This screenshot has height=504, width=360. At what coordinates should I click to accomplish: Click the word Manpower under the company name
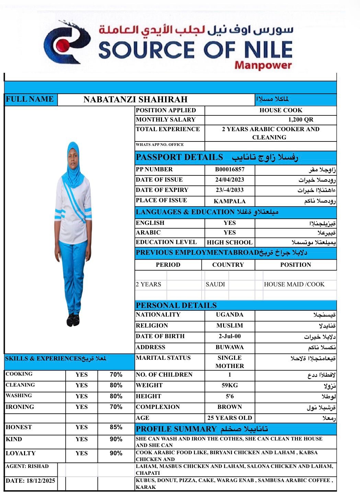pos(263,65)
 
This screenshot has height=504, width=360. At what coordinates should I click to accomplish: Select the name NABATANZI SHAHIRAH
pos(135,100)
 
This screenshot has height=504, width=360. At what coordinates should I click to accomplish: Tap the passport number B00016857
pos(230,170)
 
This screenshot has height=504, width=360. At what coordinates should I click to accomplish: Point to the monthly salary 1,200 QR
pos(301,120)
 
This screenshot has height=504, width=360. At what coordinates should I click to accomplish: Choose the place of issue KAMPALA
pos(230,201)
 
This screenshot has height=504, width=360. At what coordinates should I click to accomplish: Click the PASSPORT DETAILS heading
pos(179,158)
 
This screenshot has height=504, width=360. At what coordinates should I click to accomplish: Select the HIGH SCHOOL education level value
pos(230,242)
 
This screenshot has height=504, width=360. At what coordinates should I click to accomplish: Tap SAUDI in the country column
pos(215,284)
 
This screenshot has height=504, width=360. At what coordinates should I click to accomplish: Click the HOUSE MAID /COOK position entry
pos(294,284)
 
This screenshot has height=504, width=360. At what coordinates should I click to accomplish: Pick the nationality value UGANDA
pos(230,315)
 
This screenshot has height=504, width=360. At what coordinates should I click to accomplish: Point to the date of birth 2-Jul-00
pos(230,336)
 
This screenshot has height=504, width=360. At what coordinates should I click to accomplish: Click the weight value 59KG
pos(230,386)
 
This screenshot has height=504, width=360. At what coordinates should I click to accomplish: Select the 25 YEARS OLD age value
pos(230,418)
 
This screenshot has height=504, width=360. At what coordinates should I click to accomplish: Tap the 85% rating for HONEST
pos(116,427)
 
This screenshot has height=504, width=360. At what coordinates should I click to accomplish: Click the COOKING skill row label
pos(19,374)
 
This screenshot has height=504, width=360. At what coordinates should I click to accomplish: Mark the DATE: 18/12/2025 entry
pos(30,481)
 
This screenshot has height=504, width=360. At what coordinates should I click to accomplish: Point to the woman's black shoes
pos(73,320)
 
